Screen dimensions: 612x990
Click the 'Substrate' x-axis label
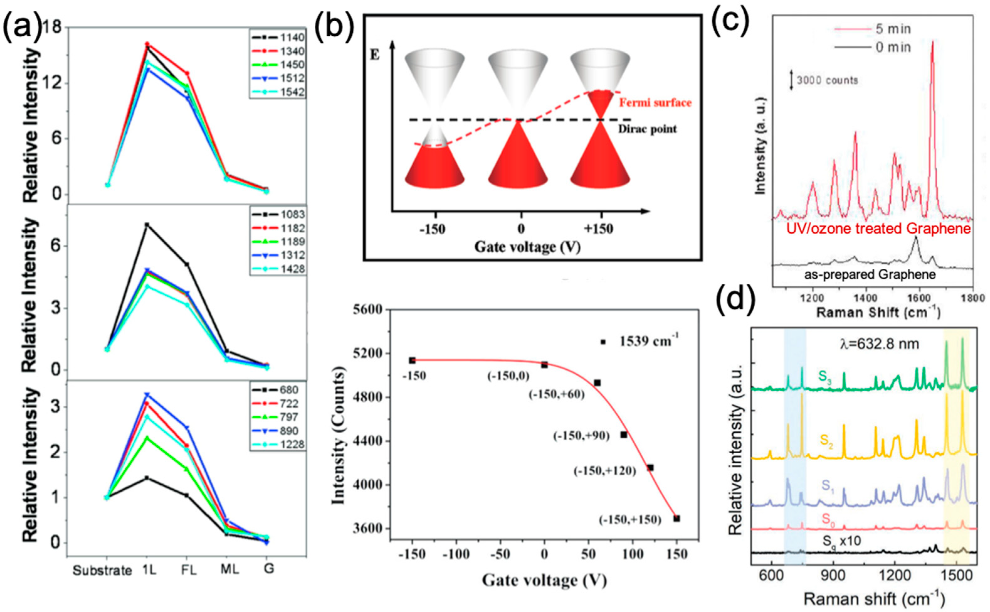click(x=102, y=570)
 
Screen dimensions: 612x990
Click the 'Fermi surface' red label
click(x=655, y=103)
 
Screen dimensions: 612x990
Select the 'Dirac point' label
click(x=647, y=129)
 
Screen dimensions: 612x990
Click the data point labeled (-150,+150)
click(x=676, y=519)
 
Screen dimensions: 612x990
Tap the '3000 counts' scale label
click(x=827, y=80)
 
